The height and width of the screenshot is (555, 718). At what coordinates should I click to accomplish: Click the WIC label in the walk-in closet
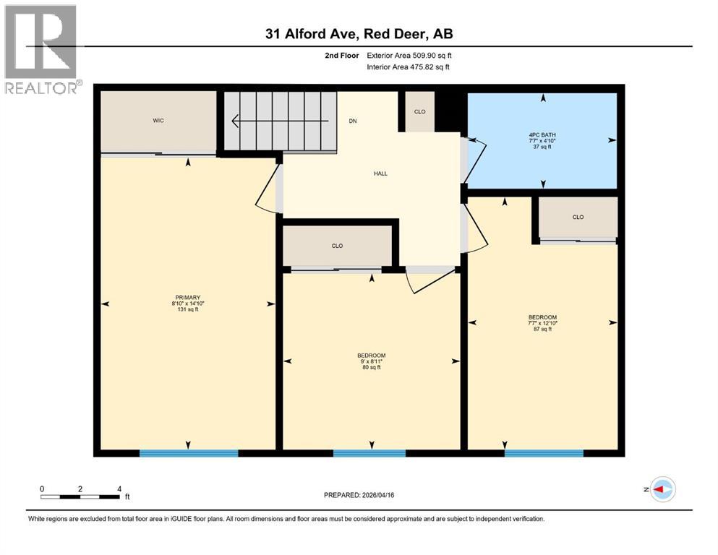point(158,121)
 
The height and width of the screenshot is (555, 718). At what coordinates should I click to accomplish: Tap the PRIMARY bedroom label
point(188,296)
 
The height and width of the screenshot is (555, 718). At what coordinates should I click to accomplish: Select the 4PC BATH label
point(542,134)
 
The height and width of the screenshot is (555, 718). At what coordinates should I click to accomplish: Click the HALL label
point(380,173)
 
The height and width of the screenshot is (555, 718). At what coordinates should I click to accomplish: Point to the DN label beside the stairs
point(353,121)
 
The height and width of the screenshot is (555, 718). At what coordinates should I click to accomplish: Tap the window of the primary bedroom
point(189,453)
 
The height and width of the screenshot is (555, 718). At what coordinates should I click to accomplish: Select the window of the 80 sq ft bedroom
point(369,453)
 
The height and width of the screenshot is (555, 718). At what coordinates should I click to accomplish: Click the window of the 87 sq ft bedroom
point(544,453)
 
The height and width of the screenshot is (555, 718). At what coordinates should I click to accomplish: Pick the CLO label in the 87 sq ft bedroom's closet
point(578,217)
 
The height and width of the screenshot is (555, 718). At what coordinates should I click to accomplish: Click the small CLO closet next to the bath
point(419,112)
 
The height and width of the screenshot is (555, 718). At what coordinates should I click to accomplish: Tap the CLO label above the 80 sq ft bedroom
point(337,246)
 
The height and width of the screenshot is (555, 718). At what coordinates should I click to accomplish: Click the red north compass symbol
point(662,489)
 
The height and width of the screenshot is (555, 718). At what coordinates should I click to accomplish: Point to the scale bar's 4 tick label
point(119,489)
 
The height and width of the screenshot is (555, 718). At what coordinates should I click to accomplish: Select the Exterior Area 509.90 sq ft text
point(409,55)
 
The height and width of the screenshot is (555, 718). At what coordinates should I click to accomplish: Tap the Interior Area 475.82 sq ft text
point(409,67)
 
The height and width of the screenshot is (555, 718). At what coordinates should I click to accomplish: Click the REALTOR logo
point(41,49)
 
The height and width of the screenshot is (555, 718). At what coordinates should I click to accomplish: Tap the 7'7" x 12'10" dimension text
point(542,323)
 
